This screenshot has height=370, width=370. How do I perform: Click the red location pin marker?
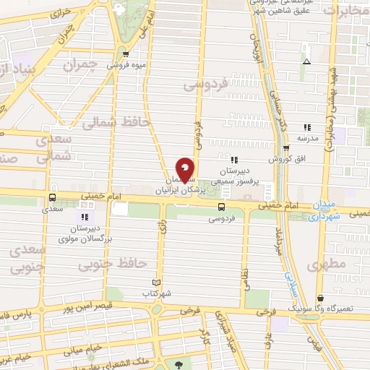(185, 171)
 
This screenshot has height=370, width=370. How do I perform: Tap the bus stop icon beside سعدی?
(52, 197)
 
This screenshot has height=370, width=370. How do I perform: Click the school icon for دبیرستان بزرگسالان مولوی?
(85, 216)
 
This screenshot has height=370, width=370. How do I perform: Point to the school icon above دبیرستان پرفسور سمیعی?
(233, 159)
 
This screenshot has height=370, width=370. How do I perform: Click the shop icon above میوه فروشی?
(127, 54)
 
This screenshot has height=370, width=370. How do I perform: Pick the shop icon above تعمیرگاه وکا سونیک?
(320, 298)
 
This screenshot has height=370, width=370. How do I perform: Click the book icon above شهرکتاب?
(158, 283)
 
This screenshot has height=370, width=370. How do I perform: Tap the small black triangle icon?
(306, 62)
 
